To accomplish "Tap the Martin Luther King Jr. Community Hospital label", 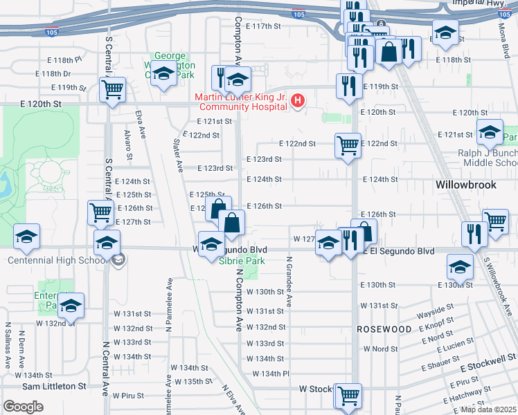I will (x=242, y=102).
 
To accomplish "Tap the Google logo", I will (x=23, y=406).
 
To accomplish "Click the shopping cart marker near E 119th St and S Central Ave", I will (x=112, y=89).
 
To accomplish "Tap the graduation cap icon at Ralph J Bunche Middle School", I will (x=490, y=130).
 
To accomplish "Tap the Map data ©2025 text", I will (x=488, y=409).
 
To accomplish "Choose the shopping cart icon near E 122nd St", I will (x=348, y=145).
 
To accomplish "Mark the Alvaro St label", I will (x=127, y=142).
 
